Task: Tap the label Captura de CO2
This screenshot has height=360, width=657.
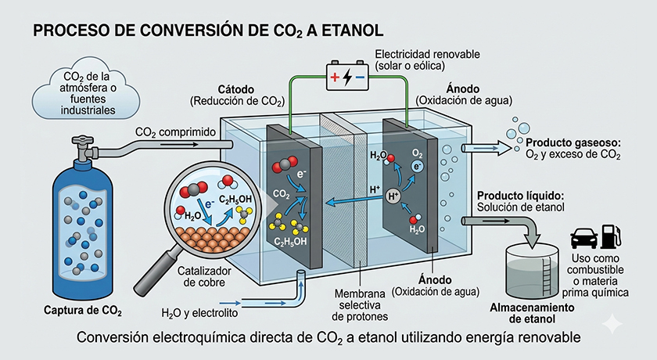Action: click(x=83, y=312)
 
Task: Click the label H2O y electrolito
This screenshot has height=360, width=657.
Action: click(x=199, y=315)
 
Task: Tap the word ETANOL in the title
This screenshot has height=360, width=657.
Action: click(x=350, y=31)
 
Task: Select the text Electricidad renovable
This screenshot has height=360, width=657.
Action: click(x=428, y=54)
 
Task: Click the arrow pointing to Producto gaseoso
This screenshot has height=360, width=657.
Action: click(x=486, y=146)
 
